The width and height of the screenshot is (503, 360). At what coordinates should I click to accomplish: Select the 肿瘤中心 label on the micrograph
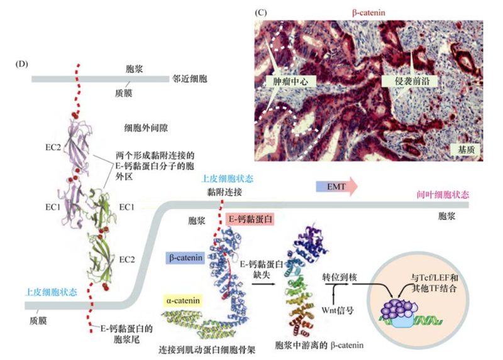pyautogui.click(x=293, y=82)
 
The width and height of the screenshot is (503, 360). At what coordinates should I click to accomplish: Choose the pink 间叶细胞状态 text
pyautogui.click(x=443, y=195)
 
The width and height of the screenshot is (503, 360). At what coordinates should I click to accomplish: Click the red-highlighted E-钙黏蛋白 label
pyautogui.click(x=249, y=219)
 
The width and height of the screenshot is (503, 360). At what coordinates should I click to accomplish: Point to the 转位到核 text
pyautogui.click(x=340, y=277)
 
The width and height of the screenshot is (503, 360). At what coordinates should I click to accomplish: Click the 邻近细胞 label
pyautogui.click(x=190, y=80)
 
